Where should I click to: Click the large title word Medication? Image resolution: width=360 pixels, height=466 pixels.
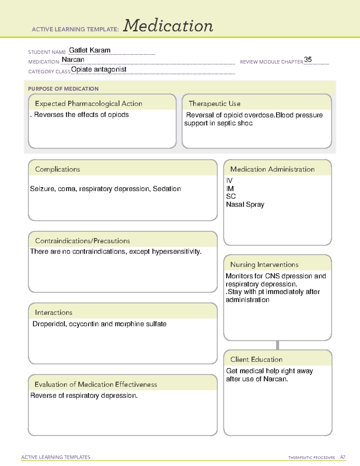(168, 26)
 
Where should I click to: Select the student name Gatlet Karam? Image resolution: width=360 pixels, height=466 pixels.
(90, 50)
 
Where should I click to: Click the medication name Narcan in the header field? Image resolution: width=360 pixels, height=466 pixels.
(73, 60)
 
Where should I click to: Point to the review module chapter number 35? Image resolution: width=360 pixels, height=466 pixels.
(308, 59)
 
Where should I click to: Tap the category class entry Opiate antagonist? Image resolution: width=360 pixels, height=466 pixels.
(99, 69)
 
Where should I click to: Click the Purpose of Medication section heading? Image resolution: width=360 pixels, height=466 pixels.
(63, 89)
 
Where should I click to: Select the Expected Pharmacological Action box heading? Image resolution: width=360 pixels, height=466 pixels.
(88, 104)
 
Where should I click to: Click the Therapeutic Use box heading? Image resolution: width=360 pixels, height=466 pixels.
(214, 104)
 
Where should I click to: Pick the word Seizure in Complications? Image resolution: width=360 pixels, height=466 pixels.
(42, 189)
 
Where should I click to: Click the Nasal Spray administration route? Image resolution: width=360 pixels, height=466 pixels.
(245, 205)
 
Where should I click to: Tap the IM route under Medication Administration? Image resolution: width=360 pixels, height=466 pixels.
(230, 189)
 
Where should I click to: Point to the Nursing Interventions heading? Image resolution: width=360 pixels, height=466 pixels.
(264, 265)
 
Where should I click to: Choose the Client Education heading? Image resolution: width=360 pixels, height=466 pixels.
(256, 359)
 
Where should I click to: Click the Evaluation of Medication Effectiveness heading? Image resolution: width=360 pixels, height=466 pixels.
(96, 384)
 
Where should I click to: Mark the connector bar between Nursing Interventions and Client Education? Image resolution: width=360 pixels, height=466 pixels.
(277, 345)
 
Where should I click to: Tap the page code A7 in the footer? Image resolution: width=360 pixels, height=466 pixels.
(343, 457)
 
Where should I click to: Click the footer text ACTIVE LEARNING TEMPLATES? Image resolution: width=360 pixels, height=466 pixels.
(56, 457)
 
